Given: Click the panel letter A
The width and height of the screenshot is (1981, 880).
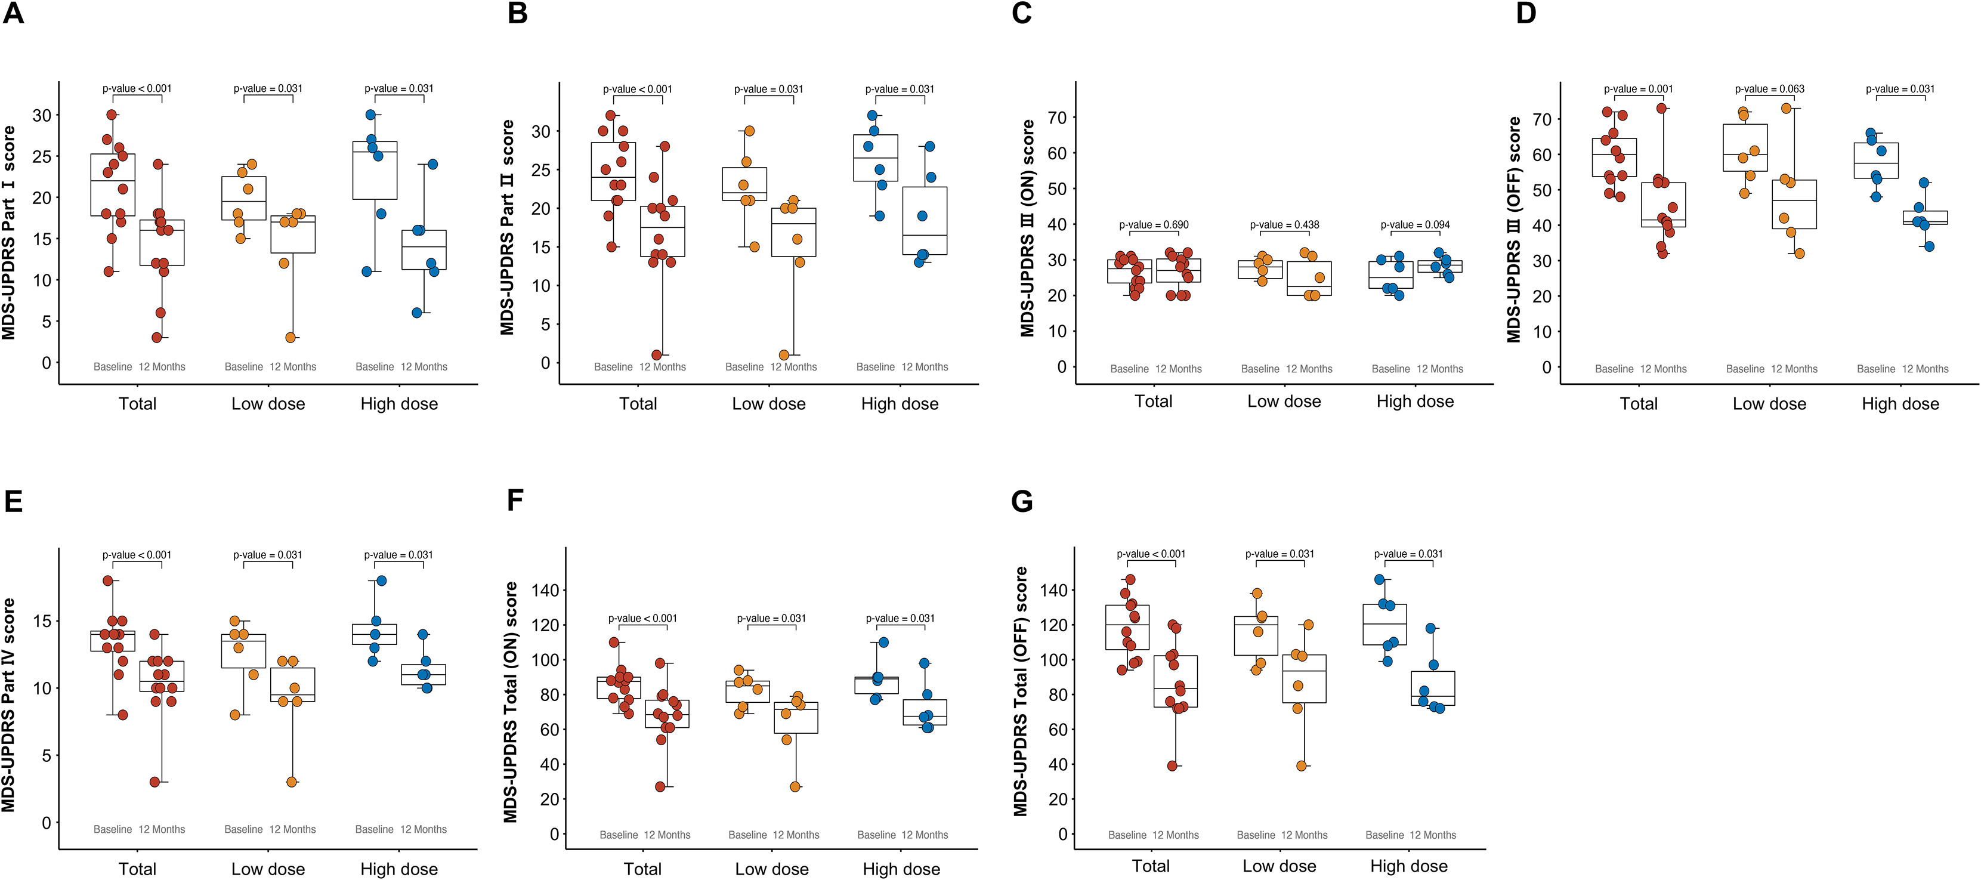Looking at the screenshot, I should (13, 13).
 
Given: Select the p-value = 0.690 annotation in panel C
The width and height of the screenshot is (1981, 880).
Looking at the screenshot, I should (1154, 224).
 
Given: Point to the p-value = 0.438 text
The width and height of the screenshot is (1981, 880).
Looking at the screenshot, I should (1284, 224).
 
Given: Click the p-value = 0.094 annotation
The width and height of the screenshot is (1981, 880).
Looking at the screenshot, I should (1415, 224).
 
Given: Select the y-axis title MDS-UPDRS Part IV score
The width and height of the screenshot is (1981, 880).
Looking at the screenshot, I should (8, 705).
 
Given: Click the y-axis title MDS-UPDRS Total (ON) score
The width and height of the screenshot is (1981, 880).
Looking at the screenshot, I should (511, 702).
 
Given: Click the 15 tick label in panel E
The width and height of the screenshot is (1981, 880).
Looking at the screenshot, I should (42, 620).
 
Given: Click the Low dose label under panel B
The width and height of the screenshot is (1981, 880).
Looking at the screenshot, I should (768, 404).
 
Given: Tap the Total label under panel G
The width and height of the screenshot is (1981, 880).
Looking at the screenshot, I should (1151, 866).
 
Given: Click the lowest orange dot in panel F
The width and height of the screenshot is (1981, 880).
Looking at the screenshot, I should (795, 786).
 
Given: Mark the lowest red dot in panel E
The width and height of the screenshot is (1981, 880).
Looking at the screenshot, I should (154, 782).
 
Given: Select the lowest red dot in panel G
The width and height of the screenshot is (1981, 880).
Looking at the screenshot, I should (1172, 765).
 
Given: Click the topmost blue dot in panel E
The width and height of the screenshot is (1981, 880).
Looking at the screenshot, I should (381, 581).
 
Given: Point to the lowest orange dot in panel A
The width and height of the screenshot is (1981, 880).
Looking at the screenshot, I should (290, 337).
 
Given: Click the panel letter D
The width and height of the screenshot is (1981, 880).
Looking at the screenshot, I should (1526, 13).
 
